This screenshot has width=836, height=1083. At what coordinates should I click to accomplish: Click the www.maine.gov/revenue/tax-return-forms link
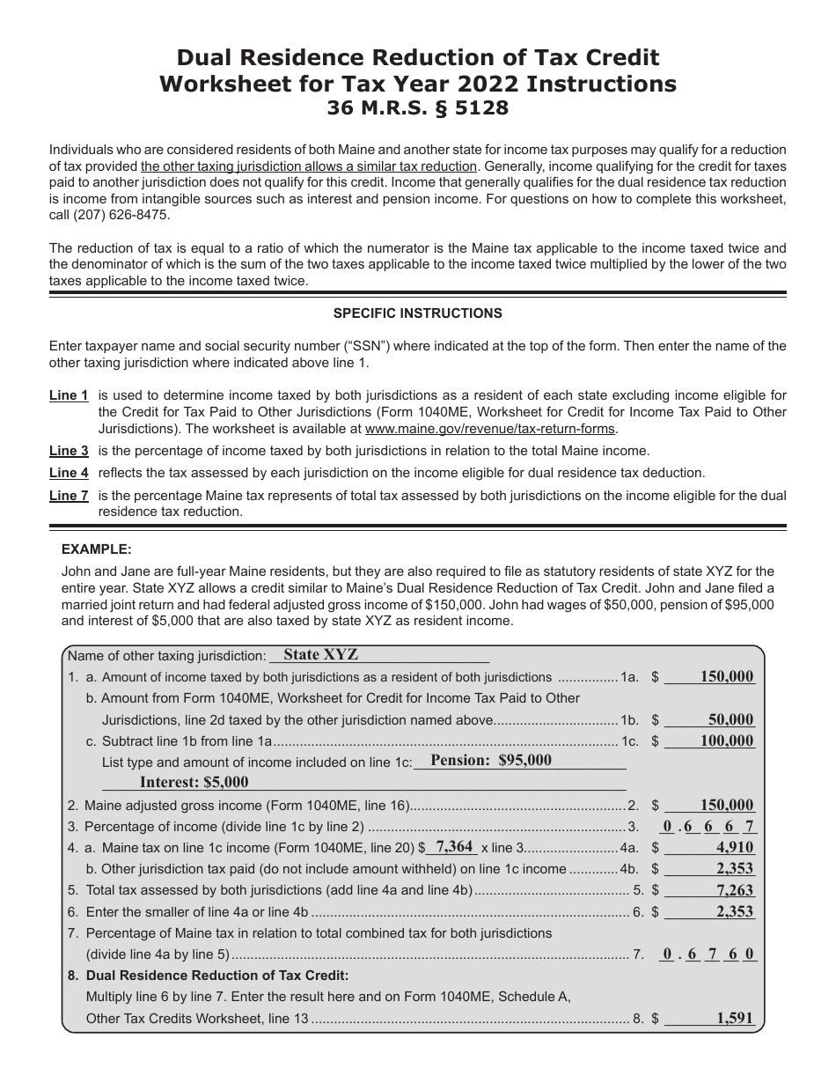[x=490, y=429]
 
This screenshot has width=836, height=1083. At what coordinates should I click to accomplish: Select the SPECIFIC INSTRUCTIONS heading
[x=418, y=313]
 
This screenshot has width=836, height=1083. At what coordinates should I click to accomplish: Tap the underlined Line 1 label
[x=69, y=396]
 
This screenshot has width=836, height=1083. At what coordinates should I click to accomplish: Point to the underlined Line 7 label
[x=69, y=496]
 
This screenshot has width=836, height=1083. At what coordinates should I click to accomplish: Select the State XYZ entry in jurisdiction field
[x=321, y=655]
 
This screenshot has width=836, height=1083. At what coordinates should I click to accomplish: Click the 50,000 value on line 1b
[x=730, y=719]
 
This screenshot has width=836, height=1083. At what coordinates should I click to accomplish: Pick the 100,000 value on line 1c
[x=726, y=740]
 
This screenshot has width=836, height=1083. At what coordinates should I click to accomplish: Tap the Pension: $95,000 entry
[x=491, y=760]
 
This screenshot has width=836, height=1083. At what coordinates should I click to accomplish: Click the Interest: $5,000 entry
[x=194, y=782]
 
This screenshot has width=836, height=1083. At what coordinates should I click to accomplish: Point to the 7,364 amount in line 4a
[x=455, y=846]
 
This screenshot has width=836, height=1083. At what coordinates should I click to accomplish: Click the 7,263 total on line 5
[x=735, y=890]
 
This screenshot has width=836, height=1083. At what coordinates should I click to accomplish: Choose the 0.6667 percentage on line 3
[x=708, y=826]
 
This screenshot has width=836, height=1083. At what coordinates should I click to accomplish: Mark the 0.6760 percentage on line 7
[x=708, y=954]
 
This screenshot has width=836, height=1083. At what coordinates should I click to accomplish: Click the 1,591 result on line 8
[x=735, y=1018]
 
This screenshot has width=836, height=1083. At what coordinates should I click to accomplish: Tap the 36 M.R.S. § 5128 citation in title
[x=418, y=109]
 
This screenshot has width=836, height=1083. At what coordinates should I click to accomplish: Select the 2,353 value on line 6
[x=735, y=911]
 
